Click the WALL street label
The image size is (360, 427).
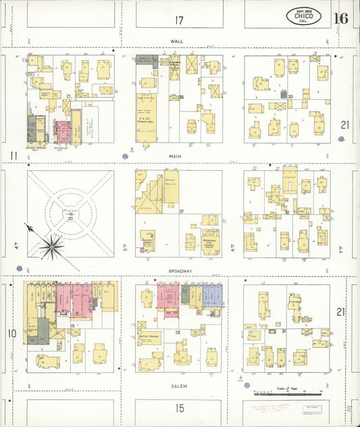(x=176, y=41)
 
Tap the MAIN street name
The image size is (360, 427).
(x=176, y=155)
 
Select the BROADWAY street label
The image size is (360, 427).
(x=180, y=271)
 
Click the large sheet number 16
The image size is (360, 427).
(x=340, y=18)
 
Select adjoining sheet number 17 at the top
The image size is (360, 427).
(x=179, y=20)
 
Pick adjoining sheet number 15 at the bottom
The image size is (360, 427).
(x=180, y=407)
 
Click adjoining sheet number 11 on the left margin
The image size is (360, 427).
(x=14, y=157)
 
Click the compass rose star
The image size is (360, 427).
(x=51, y=247)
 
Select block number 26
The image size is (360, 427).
(x=182, y=97)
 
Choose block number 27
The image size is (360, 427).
(x=182, y=212)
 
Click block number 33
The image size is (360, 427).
(x=290, y=97)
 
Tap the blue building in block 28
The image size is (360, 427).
(x=212, y=295)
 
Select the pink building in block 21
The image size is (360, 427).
(x=62, y=128)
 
